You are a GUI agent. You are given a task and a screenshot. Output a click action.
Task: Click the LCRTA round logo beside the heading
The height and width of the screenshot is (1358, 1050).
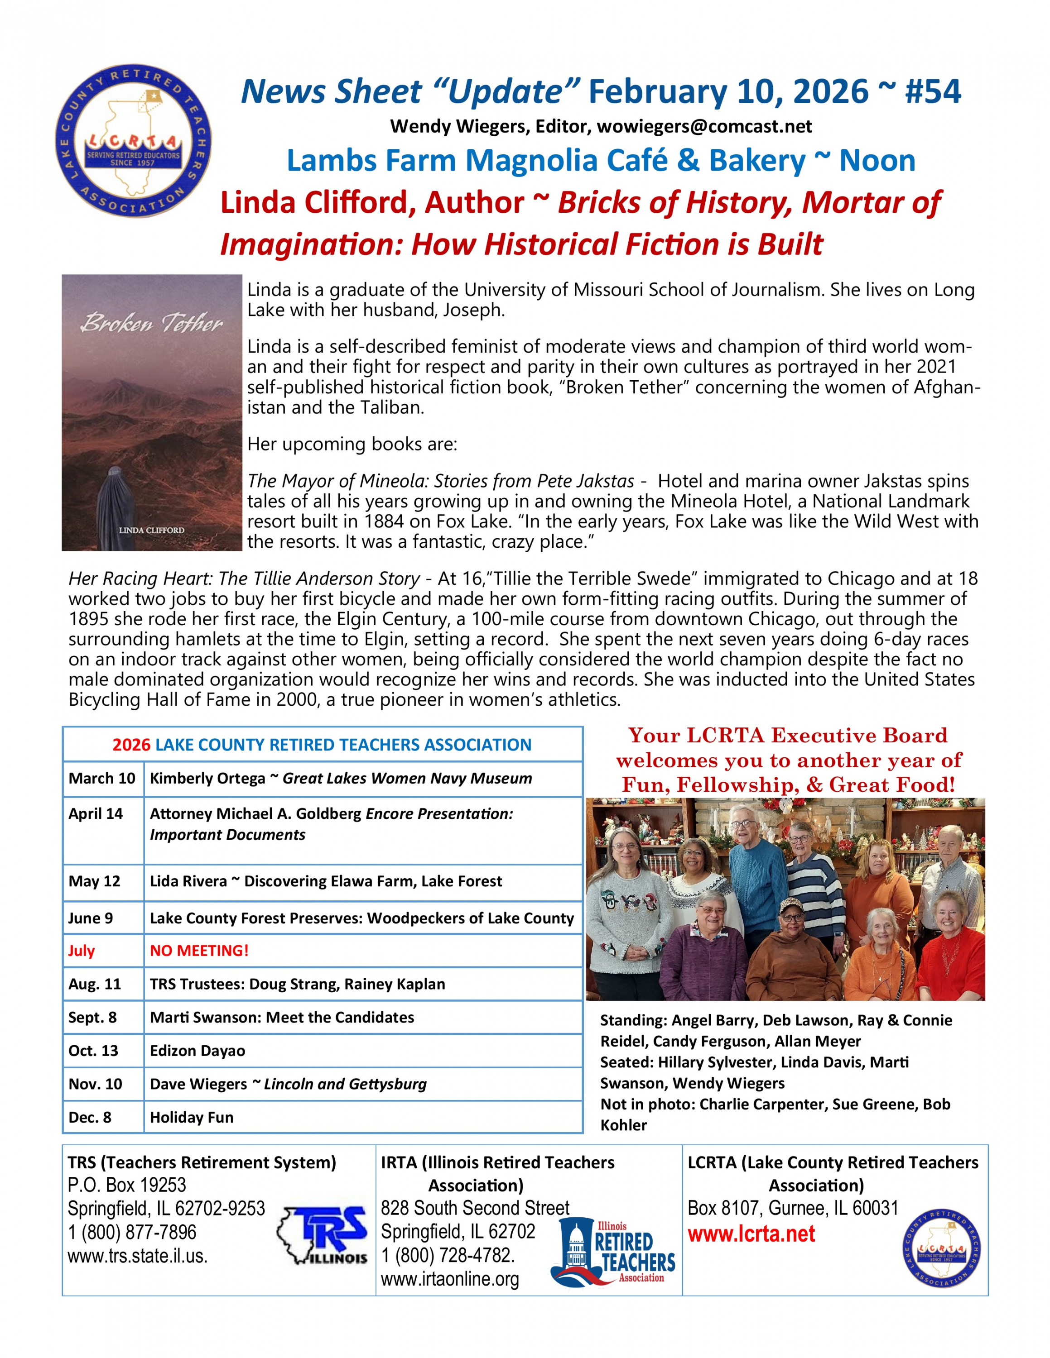[x=133, y=140]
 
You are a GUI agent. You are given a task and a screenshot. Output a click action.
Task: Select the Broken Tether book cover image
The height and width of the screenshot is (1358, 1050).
[x=152, y=412]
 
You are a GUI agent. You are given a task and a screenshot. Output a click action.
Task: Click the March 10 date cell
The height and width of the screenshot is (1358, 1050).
[x=102, y=779]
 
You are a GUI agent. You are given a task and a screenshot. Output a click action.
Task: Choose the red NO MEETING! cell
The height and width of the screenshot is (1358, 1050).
[x=199, y=951]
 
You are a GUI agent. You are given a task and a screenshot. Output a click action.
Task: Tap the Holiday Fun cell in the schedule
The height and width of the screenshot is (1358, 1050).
[x=192, y=1117]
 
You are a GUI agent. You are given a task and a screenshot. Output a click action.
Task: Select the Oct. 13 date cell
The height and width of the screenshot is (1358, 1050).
[x=93, y=1051]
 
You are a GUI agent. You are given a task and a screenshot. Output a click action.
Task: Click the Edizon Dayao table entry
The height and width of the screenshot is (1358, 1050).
[x=198, y=1051]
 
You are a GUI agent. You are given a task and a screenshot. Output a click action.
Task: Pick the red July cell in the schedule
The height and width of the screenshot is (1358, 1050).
[x=82, y=951]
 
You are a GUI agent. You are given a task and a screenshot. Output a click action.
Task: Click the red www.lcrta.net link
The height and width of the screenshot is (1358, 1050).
[x=751, y=1234]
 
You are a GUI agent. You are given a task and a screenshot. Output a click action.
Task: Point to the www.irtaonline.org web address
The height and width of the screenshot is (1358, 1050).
[x=450, y=1279]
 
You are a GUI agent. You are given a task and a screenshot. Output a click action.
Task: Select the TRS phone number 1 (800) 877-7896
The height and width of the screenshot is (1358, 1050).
[x=132, y=1233]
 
